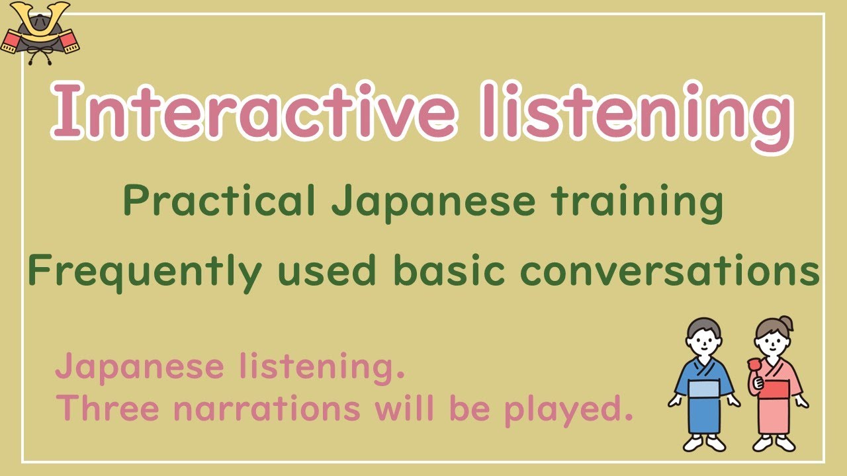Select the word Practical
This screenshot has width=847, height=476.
pyautogui.click(x=218, y=203)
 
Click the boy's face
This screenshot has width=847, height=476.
pyautogui.click(x=704, y=344)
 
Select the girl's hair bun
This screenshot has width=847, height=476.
pyautogui.click(x=786, y=323)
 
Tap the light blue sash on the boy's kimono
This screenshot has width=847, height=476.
pyautogui.click(x=704, y=389)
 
